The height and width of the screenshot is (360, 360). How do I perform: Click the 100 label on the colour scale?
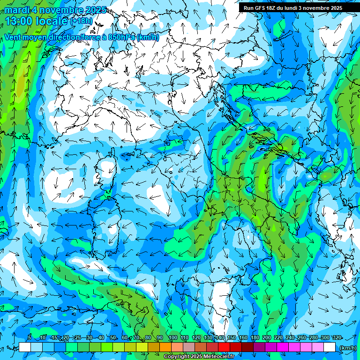(x=172, y=337)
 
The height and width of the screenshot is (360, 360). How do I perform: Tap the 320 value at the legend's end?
(x=337, y=337)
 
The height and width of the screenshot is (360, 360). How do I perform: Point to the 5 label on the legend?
(x=29, y=337)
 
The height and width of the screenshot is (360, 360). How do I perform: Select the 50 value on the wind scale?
(x=112, y=337)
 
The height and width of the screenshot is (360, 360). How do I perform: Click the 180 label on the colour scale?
(x=255, y=337)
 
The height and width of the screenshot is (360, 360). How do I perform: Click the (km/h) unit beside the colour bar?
(x=348, y=348)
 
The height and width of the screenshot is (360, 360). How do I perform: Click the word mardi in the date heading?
(x=16, y=10)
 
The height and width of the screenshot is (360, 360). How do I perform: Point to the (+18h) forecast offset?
(x=82, y=21)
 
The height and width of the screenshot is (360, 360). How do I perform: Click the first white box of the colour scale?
(x=25, y=347)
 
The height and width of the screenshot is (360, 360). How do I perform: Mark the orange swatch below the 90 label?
(x=165, y=347)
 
